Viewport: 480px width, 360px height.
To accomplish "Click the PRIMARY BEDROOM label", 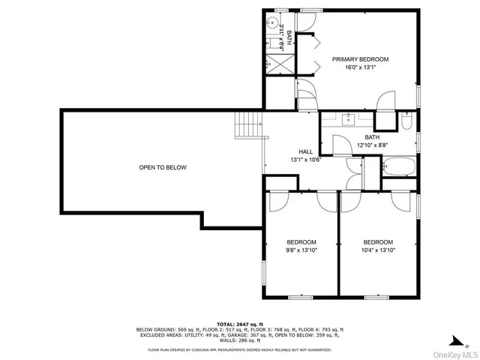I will point(361,59).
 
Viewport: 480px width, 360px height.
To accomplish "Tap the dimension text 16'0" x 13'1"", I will point(361,67).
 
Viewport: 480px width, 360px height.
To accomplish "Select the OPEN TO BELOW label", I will point(163,167).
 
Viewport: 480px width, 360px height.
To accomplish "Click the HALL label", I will point(305,151).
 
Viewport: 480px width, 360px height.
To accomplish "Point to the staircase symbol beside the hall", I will point(248,124).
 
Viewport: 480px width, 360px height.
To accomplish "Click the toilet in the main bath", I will point(406,121).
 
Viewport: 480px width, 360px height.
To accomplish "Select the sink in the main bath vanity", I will point(349,118).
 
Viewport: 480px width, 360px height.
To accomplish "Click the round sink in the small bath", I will point(271,23).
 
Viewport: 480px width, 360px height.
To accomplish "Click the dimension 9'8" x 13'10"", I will point(301,250).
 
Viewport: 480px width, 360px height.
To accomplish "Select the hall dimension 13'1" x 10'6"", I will point(305,160).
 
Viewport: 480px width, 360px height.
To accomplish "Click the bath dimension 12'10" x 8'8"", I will point(372,145).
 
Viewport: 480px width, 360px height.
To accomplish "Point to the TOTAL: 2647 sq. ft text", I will point(239,322).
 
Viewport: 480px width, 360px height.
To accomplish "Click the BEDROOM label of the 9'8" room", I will point(301,241).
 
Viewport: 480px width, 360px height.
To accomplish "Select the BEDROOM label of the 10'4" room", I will point(378,241).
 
